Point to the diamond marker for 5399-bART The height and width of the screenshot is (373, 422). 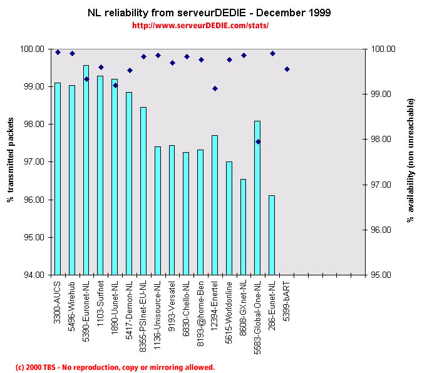tap(287, 69)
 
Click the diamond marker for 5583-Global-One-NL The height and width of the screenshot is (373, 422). tap(258, 141)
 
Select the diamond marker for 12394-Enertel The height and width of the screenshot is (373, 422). tap(215, 88)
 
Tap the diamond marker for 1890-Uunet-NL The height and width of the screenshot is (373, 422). tap(115, 85)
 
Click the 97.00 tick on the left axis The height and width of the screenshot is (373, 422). tap(35, 162)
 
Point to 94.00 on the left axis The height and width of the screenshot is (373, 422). tap(35, 275)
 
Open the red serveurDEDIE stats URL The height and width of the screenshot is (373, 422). tap(201, 26)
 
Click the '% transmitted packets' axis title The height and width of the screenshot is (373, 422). tap(11, 162)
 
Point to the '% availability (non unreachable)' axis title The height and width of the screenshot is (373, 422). tap(410, 161)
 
